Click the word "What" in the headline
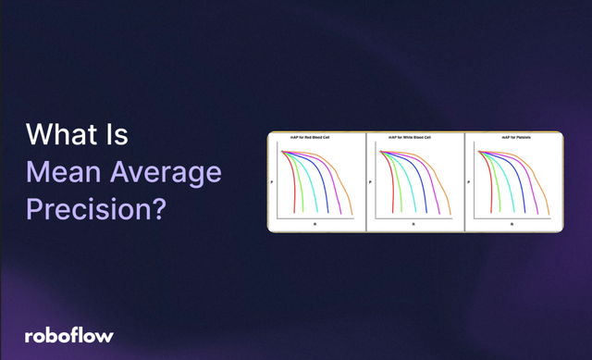(x=62, y=136)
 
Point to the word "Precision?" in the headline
(x=95, y=208)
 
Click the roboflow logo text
(x=68, y=335)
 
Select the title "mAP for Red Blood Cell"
(x=316, y=138)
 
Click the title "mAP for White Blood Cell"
(x=415, y=138)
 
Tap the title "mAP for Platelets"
(x=513, y=138)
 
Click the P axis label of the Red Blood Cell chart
(x=271, y=182)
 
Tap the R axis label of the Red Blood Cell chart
(x=316, y=224)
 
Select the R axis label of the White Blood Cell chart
(x=414, y=224)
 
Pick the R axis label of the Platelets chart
(x=513, y=224)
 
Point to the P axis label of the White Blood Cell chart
(x=370, y=182)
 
